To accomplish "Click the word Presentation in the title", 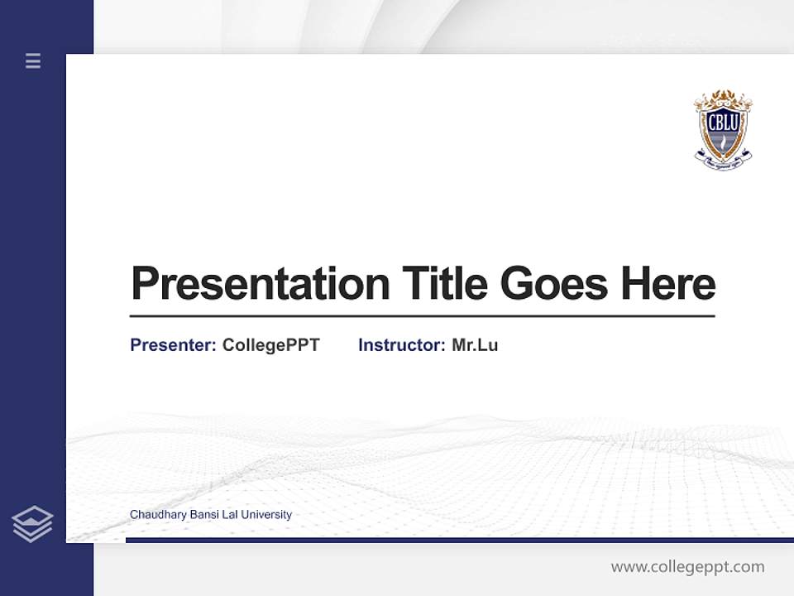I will point(260,284).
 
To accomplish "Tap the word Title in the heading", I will point(444,284).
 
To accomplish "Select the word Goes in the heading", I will point(554,284).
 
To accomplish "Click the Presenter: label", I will point(173,345).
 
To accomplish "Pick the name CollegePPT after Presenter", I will point(270,345).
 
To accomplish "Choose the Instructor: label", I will point(401,345).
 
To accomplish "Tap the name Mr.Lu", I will point(475,345).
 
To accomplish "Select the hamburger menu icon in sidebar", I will point(33,60).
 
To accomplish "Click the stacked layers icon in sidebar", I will point(32,524).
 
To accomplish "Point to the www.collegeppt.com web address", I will point(687,567).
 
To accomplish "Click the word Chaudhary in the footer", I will point(158,515).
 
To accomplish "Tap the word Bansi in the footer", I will point(203,515).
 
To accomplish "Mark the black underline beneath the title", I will point(422,316).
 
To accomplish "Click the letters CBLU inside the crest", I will point(723,121).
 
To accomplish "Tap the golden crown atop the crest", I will point(723,98).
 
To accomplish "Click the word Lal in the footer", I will point(228,515).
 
